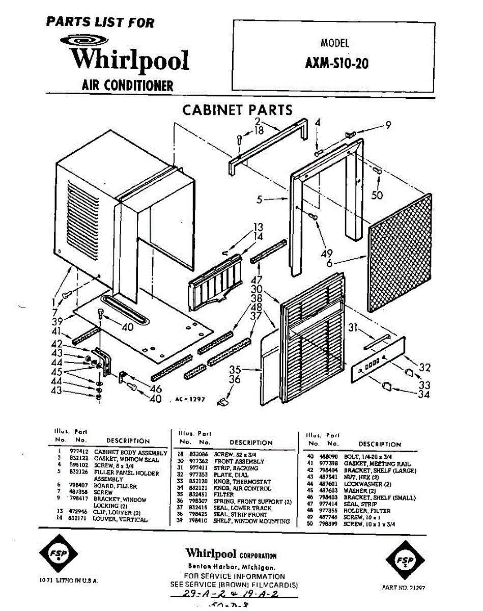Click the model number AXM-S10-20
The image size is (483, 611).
pyautogui.click(x=336, y=64)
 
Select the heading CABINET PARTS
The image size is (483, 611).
pyautogui.click(x=237, y=110)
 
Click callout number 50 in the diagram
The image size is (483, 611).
pyautogui.click(x=377, y=195)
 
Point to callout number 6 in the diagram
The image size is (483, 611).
pyautogui.click(x=330, y=263)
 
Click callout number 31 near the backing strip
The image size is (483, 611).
pyautogui.click(x=353, y=328)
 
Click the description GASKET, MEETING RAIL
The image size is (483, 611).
pyautogui.click(x=377, y=464)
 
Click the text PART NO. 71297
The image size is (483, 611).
pyautogui.click(x=403, y=588)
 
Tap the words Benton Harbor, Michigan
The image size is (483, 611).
pyautogui.click(x=232, y=567)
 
